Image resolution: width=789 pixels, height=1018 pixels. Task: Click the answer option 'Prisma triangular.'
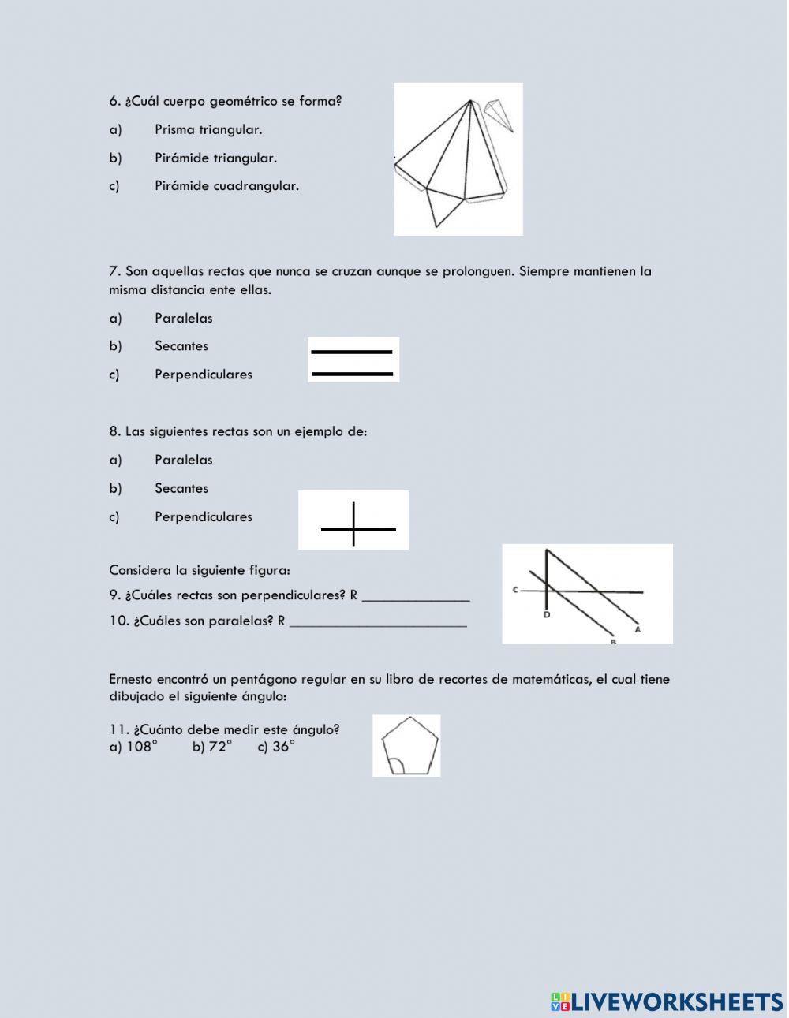tap(208, 129)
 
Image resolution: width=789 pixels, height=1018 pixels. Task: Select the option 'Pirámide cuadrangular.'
tap(226, 186)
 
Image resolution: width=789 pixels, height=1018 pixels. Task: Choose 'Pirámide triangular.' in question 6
tap(215, 158)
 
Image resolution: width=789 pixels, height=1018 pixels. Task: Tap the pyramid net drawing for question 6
tap(458, 158)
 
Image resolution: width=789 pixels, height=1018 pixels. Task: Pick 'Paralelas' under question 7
tap(183, 318)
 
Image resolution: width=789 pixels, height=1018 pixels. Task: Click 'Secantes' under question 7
tap(181, 346)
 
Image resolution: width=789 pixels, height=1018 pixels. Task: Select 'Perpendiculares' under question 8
tap(204, 516)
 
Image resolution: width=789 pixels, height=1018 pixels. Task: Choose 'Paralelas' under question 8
tap(183, 460)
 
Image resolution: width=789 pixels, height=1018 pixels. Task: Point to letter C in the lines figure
tap(514, 590)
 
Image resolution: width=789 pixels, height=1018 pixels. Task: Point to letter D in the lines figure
tap(546, 614)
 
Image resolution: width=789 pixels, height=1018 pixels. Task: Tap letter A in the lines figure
tap(638, 629)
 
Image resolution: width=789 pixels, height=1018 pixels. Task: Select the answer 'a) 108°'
tap(133, 747)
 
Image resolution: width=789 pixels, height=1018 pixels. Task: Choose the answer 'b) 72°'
tap(211, 747)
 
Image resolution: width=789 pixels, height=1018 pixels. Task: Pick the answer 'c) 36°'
tap(276, 747)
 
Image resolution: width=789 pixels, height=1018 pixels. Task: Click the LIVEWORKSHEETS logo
tap(667, 1001)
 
